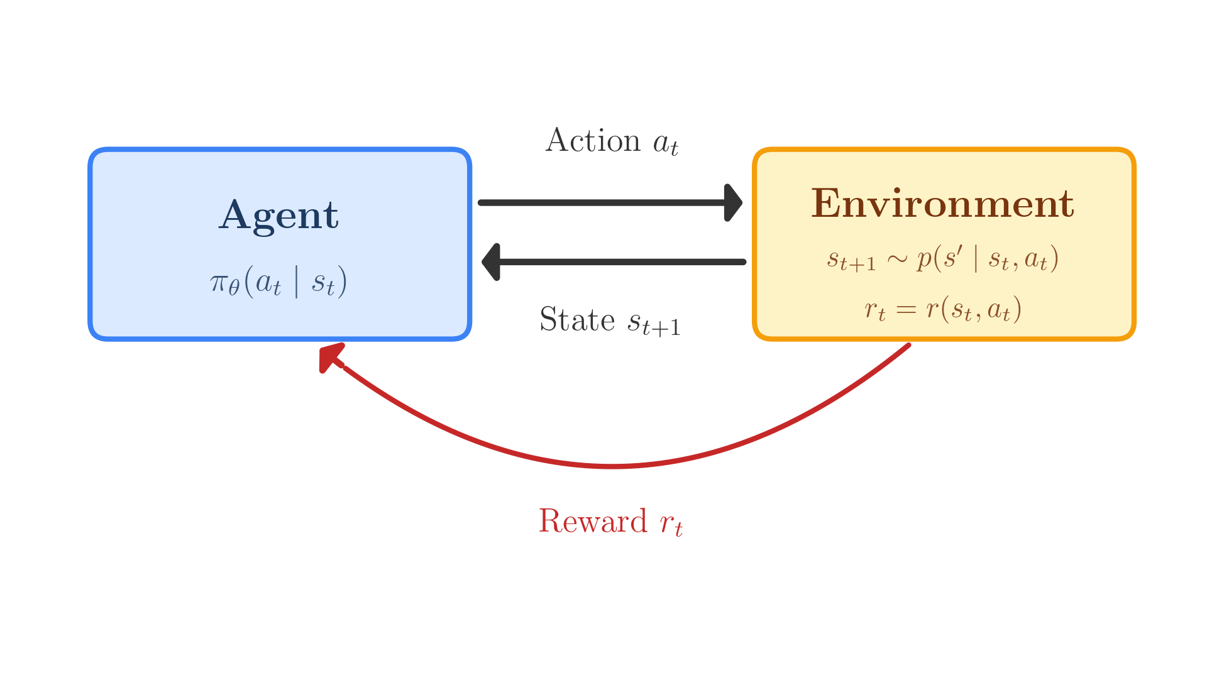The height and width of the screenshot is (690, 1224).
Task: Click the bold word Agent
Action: [278, 216]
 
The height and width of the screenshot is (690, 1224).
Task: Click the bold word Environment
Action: [942, 204]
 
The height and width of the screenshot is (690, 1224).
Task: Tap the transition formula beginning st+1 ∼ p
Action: [942, 259]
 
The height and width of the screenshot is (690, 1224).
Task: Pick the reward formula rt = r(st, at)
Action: [942, 309]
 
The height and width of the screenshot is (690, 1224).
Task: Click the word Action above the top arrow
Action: [593, 141]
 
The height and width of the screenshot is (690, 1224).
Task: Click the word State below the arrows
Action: [577, 320]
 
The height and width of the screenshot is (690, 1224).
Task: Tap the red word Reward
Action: [593, 522]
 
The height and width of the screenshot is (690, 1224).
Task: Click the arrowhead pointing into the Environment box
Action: [732, 203]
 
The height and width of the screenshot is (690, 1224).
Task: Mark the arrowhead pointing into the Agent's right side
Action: [492, 261]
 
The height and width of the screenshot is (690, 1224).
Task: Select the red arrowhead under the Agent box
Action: [329, 357]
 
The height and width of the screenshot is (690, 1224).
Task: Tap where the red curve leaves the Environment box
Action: [907, 346]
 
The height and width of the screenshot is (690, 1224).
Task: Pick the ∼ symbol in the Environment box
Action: [896, 258]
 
